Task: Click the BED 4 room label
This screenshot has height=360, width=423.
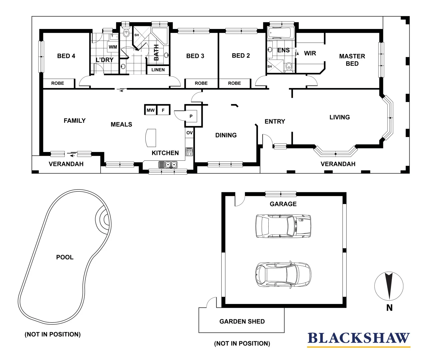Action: (x=66, y=56)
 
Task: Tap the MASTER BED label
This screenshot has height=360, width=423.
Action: (x=352, y=60)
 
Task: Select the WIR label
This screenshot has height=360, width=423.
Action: (x=310, y=53)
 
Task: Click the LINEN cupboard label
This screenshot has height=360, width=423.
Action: (x=158, y=70)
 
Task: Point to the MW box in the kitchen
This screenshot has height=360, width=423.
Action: (x=151, y=110)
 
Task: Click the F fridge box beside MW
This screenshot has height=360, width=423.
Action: (x=163, y=110)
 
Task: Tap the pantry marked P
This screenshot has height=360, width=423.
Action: (x=191, y=116)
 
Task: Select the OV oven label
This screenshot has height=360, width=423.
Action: (x=189, y=133)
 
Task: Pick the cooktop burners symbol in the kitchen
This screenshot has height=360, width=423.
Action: (x=189, y=152)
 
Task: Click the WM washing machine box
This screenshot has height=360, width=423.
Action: (x=113, y=47)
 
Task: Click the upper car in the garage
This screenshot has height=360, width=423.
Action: (x=283, y=226)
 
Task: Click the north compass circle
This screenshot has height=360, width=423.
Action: (x=389, y=286)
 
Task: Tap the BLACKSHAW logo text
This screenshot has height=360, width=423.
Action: (x=358, y=338)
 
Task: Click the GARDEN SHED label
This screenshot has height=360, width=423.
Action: (x=242, y=322)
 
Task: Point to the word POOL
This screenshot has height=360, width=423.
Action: (x=65, y=257)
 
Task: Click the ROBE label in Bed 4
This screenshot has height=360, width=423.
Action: (x=58, y=83)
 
